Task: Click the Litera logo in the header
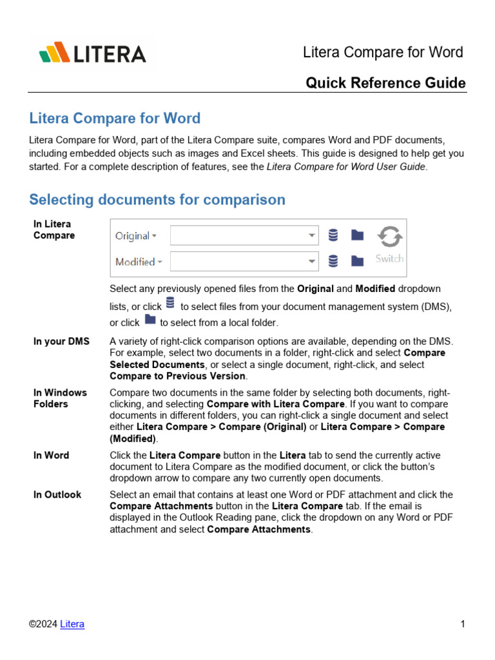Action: point(92,53)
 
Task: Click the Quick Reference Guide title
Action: point(385,83)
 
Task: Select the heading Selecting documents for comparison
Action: point(157,200)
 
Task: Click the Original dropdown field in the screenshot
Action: point(244,236)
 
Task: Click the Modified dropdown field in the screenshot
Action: point(244,262)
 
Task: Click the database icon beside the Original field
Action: point(333,236)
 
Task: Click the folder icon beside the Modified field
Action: point(357,261)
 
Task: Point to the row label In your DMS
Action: point(62,342)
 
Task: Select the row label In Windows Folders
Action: point(60,398)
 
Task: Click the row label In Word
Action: point(51,455)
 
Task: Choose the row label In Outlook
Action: point(57,495)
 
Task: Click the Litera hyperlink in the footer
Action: point(72,624)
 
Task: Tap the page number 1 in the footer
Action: point(463,624)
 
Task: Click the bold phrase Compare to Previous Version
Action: point(177,376)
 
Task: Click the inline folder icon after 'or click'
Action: point(150,320)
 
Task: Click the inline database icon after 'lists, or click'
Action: point(170,303)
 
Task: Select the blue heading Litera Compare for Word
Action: point(115,119)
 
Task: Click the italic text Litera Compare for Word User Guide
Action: point(346,167)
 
